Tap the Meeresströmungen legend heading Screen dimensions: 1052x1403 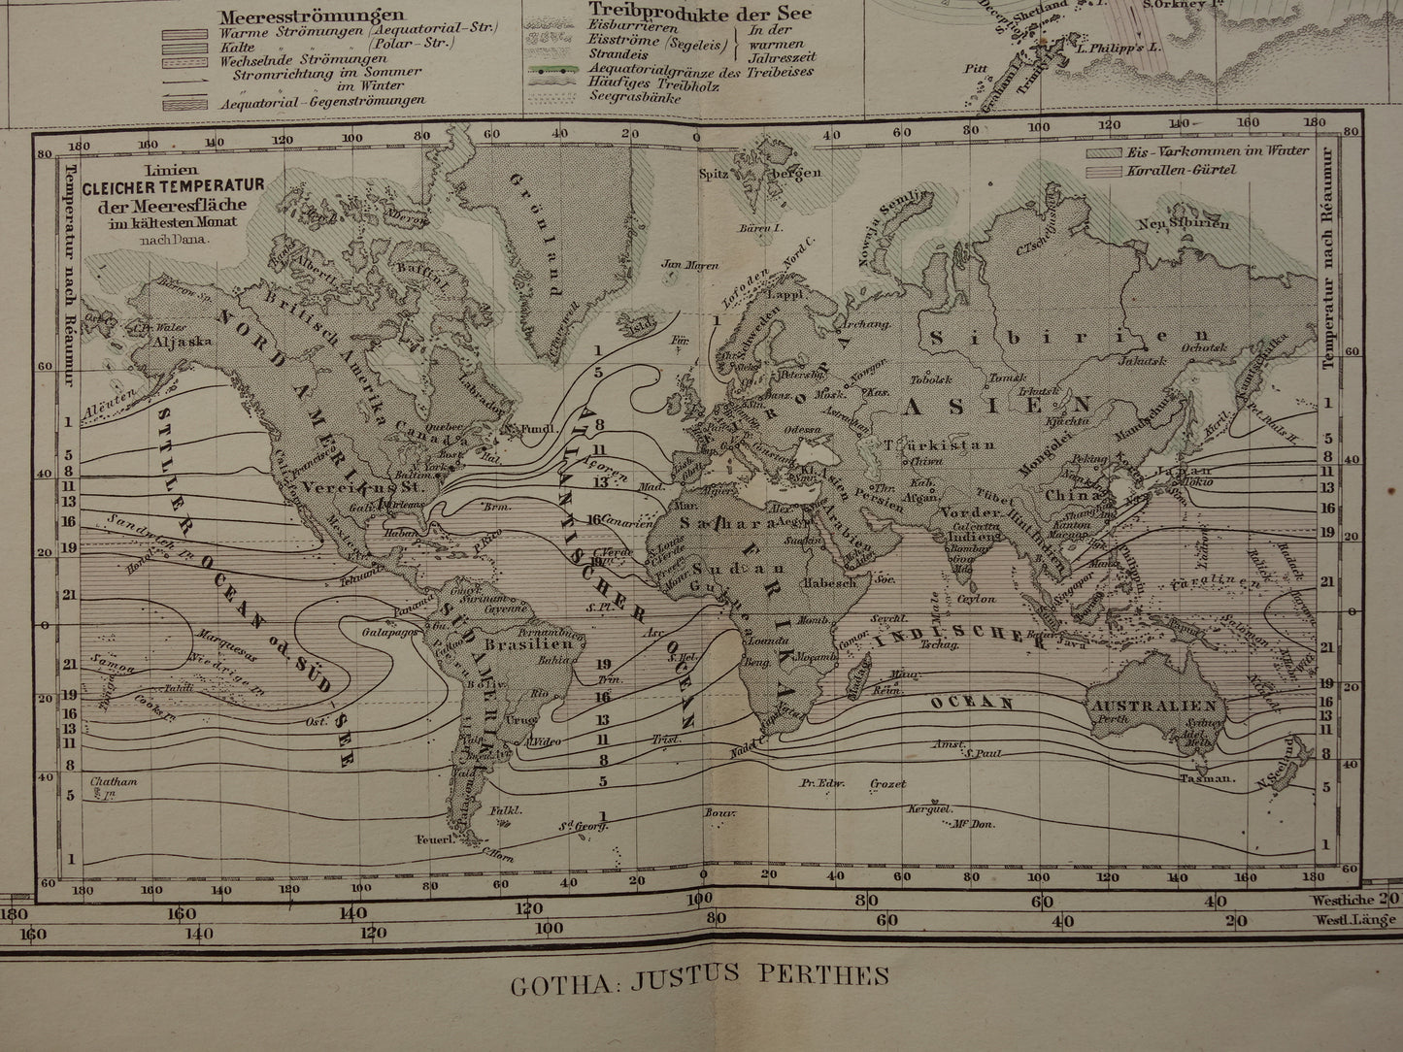point(297,16)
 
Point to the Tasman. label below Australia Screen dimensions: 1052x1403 point(1207,779)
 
